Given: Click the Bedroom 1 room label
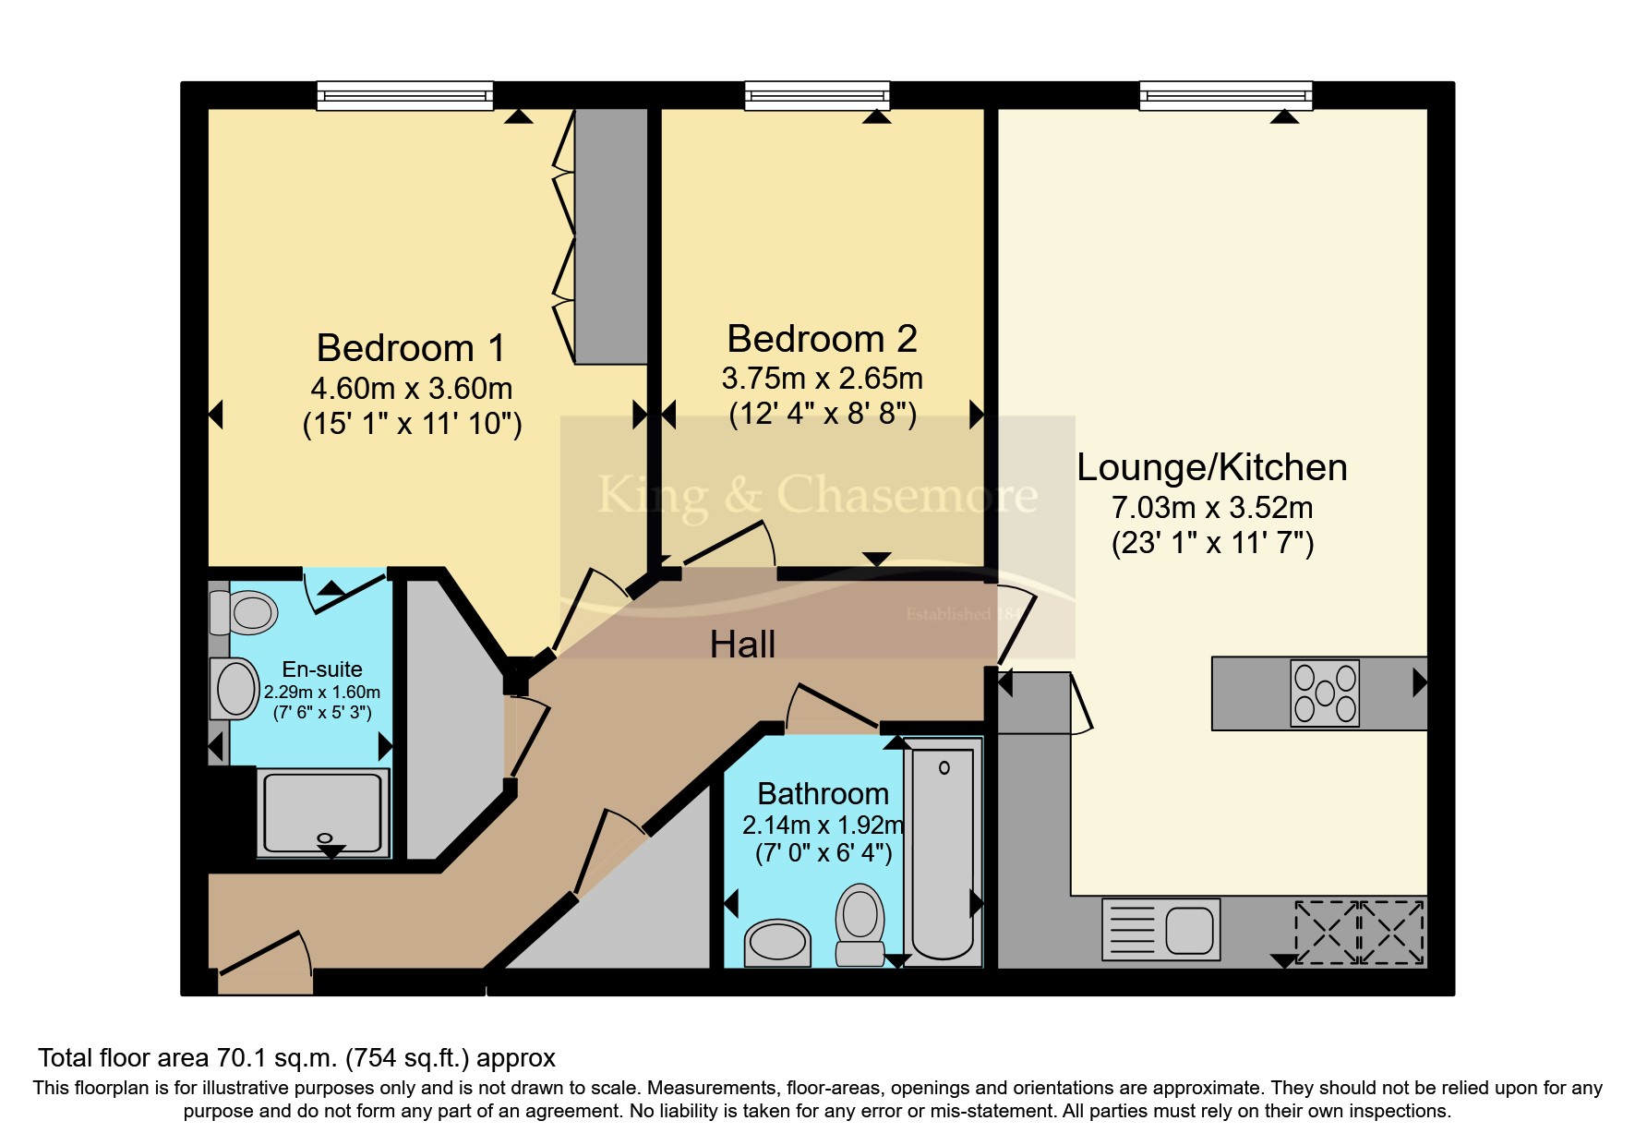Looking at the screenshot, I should tap(411, 349).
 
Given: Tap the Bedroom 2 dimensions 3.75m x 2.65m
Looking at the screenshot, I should tap(822, 379).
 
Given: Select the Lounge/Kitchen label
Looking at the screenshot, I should tap(1211, 468).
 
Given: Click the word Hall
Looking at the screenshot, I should tap(742, 645).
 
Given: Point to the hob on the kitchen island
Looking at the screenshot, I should tap(1325, 693).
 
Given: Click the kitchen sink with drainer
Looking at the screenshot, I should tap(1161, 929).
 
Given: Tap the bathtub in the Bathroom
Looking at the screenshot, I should tap(943, 850).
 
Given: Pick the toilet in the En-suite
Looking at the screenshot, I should tap(245, 612).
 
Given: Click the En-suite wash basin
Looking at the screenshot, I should tap(235, 689).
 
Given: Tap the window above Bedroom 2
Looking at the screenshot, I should tap(817, 95).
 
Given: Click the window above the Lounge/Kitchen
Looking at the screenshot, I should tap(1225, 95).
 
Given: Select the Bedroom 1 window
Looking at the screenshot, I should tap(404, 95).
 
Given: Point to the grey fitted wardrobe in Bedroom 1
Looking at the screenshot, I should tap(610, 235).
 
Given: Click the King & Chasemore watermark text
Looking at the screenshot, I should tap(817, 496).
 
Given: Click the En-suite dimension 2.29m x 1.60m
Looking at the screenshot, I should tap(321, 693).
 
